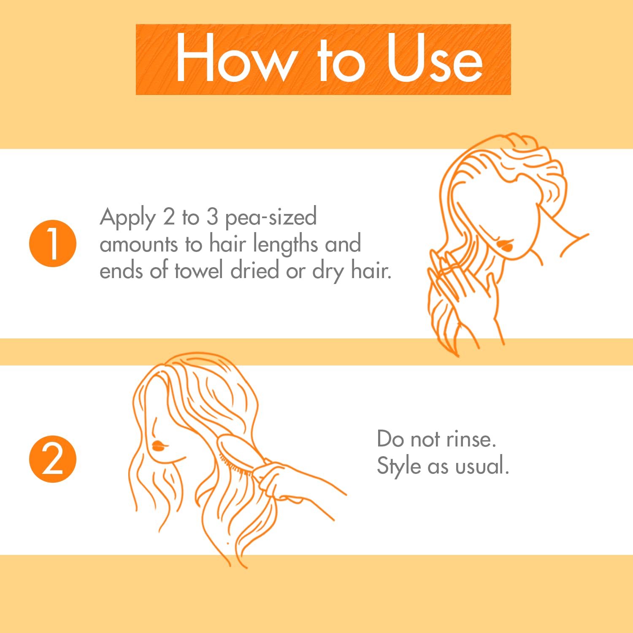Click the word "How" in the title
click(234, 58)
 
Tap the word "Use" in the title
click(435, 58)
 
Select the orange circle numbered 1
click(53, 243)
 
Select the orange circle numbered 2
click(53, 459)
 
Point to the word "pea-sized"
click(271, 218)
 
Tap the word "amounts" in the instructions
click(139, 245)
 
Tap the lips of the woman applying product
click(505, 246)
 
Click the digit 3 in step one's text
click(212, 216)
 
